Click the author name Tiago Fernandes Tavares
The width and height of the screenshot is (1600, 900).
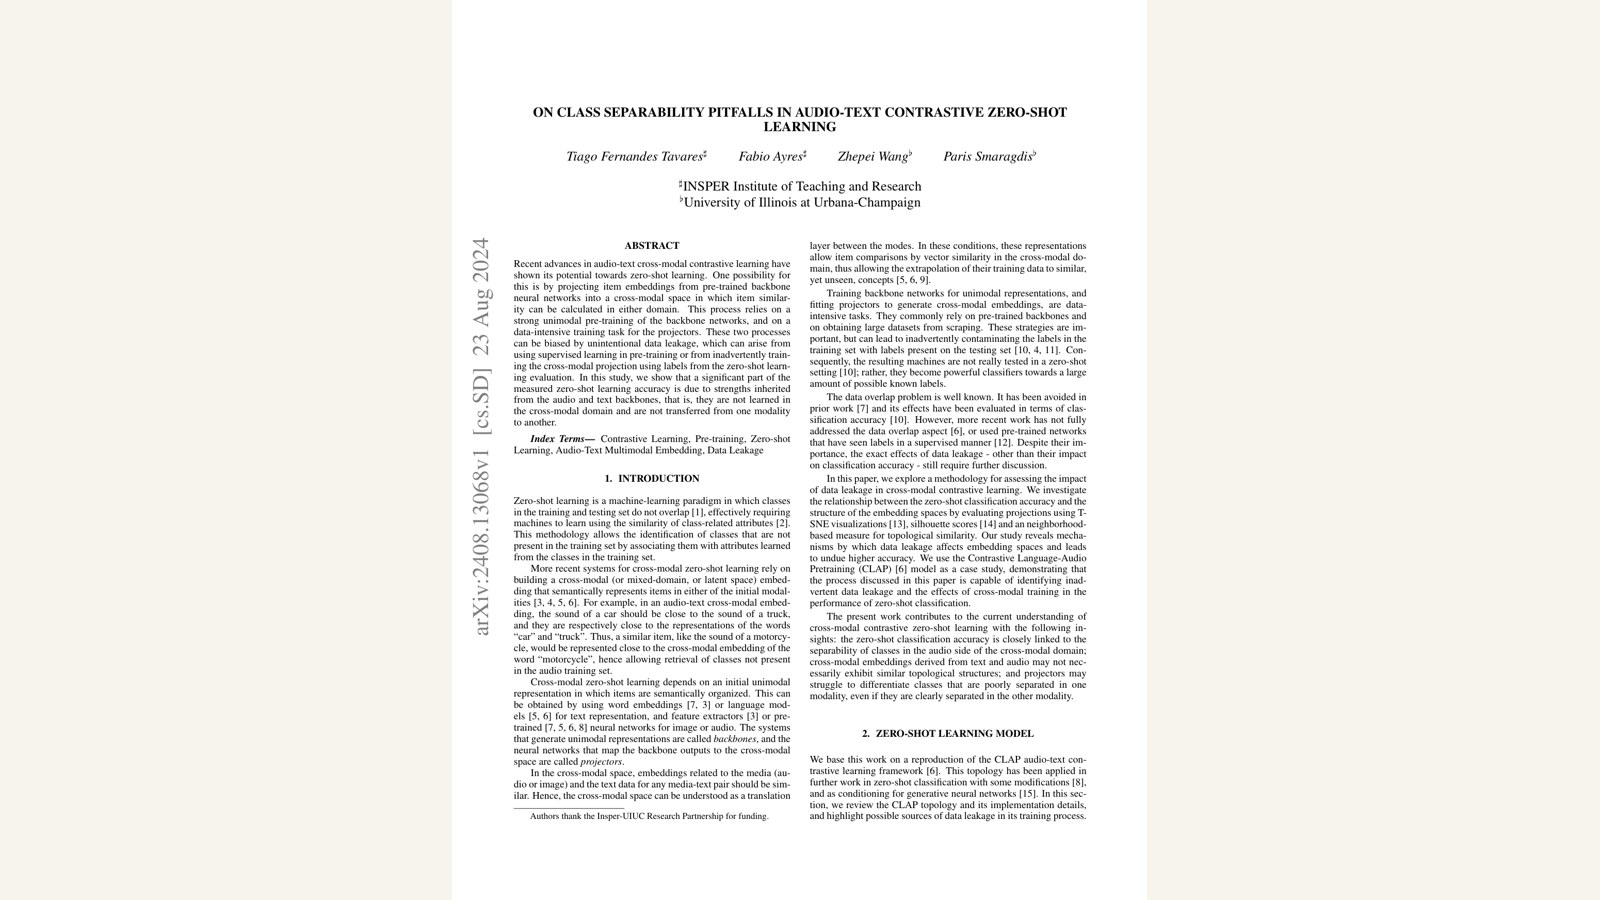click(x=635, y=157)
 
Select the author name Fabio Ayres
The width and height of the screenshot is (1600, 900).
click(x=771, y=157)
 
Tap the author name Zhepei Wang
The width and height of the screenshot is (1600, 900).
click(x=873, y=157)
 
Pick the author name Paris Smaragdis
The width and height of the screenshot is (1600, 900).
click(x=988, y=157)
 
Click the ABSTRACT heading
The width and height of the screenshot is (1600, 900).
click(x=652, y=246)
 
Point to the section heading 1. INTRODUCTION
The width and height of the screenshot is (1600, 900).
click(x=652, y=479)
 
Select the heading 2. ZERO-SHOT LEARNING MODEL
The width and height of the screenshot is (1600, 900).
click(x=948, y=734)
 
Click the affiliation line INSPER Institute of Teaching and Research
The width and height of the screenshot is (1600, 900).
click(x=800, y=187)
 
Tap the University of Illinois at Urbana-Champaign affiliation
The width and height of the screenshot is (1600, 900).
click(x=800, y=203)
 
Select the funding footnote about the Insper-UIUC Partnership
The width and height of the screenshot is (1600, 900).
click(x=649, y=817)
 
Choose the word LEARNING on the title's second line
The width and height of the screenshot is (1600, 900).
click(x=800, y=128)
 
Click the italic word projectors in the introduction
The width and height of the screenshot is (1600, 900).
click(x=601, y=762)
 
